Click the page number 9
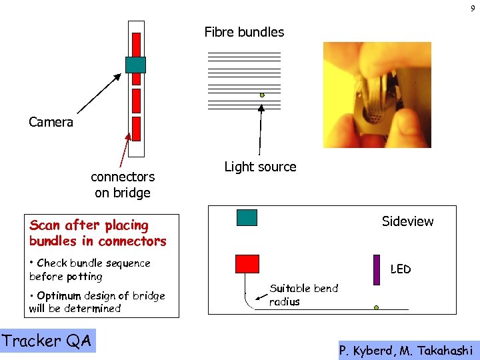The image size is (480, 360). pos(472,8)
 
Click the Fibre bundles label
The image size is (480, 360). pos(244,32)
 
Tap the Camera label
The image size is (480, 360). pos(51,122)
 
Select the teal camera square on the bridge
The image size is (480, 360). pos(135,64)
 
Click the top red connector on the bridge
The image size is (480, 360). pos(136,44)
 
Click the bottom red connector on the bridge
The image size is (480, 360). pos(136,128)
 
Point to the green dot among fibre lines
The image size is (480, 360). pos(262,95)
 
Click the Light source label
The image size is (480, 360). pos(260,167)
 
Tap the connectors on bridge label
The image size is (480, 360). pos(123,185)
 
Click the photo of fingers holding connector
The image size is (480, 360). pos(377,95)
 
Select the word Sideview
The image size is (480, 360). pos(407,221)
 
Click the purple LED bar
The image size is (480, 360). pos(377,269)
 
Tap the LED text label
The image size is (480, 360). pos(400,269)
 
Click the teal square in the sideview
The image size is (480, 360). pos(247,218)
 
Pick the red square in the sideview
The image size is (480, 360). pos(247,264)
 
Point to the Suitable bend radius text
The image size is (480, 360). pos(303,295)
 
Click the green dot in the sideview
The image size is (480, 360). pos(376,308)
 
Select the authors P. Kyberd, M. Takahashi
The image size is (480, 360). pos(406,350)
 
